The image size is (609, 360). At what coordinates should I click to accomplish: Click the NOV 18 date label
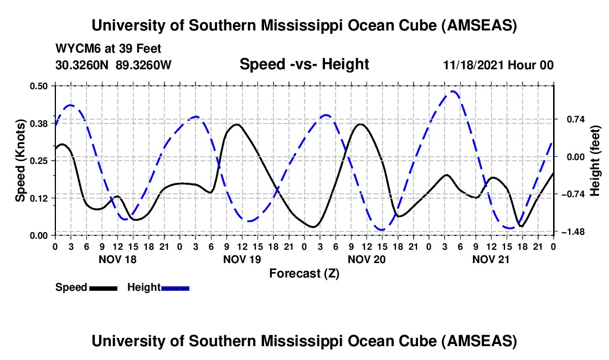click(117, 259)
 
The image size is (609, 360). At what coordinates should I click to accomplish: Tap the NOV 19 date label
click(241, 259)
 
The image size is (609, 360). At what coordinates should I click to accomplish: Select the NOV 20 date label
click(366, 259)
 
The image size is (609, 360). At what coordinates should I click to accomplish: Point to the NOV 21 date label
click(491, 259)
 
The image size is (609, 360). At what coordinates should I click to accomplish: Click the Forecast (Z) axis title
click(304, 273)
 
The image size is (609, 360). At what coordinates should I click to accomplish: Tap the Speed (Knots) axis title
click(20, 161)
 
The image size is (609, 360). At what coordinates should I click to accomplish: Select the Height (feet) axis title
click(595, 161)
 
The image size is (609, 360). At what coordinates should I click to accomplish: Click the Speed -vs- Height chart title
click(304, 64)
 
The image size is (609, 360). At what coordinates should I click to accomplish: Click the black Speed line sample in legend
click(103, 288)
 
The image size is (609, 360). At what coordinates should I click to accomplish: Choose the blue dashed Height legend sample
click(176, 288)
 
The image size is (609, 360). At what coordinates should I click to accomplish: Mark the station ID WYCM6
click(75, 49)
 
